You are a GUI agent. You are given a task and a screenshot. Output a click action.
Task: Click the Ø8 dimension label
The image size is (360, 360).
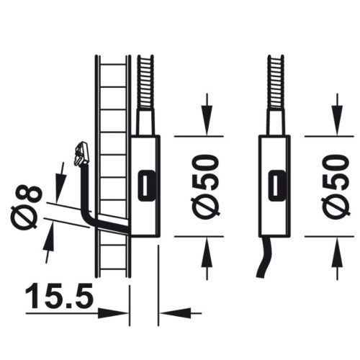tap(26, 207)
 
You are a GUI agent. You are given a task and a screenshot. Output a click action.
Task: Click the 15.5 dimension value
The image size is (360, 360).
tap(59, 295)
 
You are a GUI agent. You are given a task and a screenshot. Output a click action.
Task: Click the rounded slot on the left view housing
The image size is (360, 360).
tap(146, 186)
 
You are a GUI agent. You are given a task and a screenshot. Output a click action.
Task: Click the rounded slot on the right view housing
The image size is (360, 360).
tap(276, 186)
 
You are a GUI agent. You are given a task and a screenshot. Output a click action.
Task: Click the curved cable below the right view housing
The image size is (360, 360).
tap(265, 258)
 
